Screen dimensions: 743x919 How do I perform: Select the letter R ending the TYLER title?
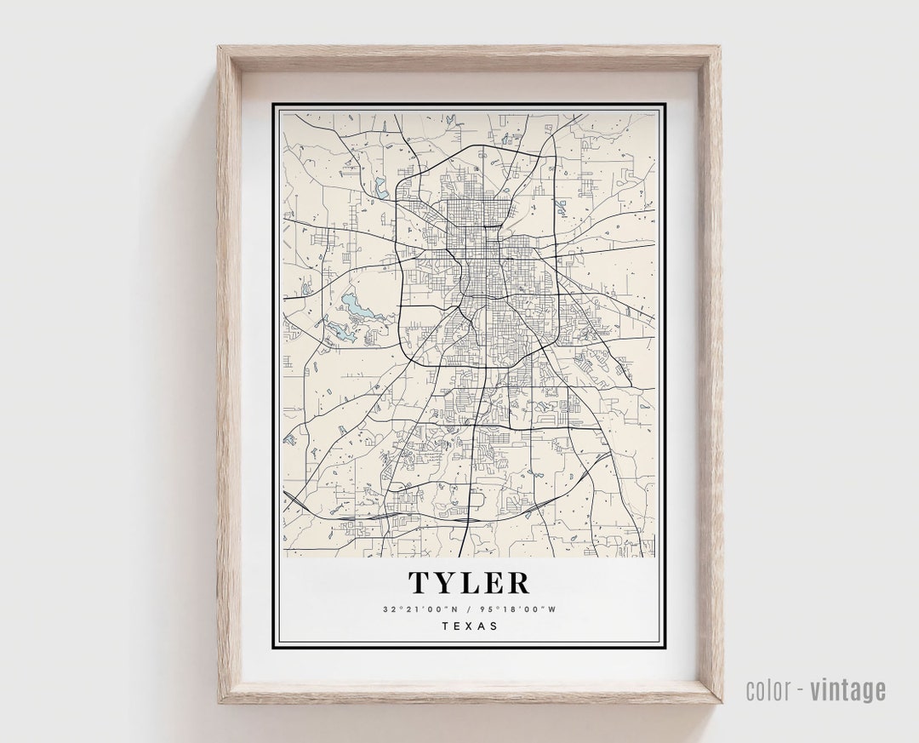point(517,583)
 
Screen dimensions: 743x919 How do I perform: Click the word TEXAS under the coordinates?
point(470,626)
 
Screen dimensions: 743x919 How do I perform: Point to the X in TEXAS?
point(470,626)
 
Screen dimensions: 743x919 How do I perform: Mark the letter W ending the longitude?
point(551,609)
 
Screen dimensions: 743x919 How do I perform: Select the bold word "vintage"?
point(848,690)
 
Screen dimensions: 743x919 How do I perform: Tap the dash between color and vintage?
point(801,690)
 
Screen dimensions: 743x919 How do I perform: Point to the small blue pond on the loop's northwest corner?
point(380,190)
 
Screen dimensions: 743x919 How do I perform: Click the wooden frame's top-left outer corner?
point(219,47)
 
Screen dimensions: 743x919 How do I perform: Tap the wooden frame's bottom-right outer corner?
point(722,702)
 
